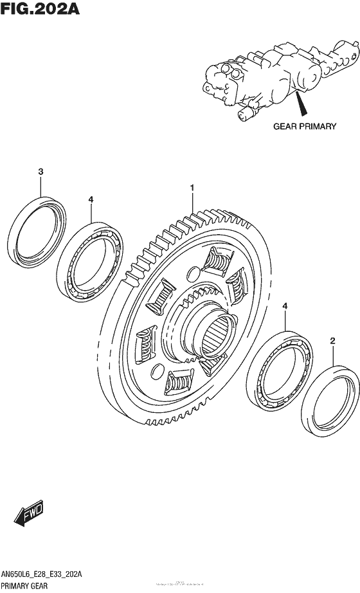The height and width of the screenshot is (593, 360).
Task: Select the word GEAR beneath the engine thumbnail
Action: pos(285,127)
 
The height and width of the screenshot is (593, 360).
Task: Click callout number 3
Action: pos(40,172)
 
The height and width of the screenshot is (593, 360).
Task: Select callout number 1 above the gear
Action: pos(191,187)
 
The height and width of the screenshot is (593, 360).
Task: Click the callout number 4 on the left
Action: pos(91,199)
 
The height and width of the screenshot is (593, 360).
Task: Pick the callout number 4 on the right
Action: pos(284,310)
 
